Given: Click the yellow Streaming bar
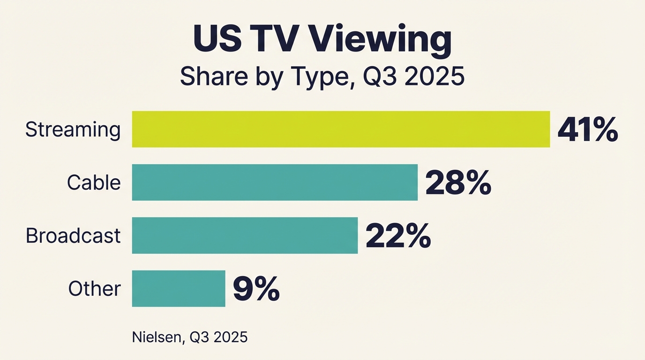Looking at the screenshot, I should [341, 129].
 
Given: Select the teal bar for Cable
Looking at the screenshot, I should [275, 182].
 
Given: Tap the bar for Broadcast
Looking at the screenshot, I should [245, 235].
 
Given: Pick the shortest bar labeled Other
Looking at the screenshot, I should [179, 288].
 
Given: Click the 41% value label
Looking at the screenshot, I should [587, 130].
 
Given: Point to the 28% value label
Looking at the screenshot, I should [458, 183].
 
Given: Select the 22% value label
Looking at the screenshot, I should [398, 236].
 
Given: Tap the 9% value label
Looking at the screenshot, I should [256, 289].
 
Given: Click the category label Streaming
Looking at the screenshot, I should [73, 130].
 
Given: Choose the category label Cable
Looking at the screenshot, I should [94, 182].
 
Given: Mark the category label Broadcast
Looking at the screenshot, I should [73, 235].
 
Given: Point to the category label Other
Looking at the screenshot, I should [95, 288].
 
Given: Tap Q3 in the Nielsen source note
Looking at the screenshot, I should [201, 337].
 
